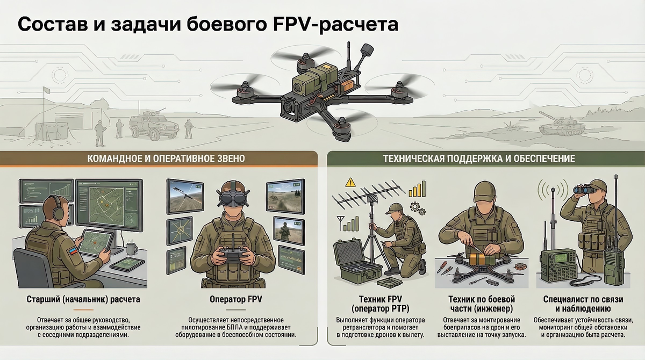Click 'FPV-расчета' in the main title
pyautogui.click(x=335, y=24)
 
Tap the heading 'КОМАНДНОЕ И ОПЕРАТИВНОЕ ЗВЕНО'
pyautogui.click(x=166, y=159)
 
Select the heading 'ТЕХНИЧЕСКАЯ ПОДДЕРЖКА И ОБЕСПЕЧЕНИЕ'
pyautogui.click(x=479, y=159)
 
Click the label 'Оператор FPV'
pyautogui.click(x=235, y=299)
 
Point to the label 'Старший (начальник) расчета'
pyautogui.click(x=83, y=299)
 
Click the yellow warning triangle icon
pyautogui.click(x=350, y=182)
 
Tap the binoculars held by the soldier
pyautogui.click(x=584, y=190)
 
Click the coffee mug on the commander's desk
pyautogui.click(x=132, y=248)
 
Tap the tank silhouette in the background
pyautogui.click(x=562, y=125)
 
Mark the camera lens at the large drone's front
pyautogui.click(x=288, y=107)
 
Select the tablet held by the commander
pyautogui.click(x=95, y=242)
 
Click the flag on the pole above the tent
pyautogui.click(x=47, y=90)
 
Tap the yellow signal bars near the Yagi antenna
pyautogui.click(x=417, y=189)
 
